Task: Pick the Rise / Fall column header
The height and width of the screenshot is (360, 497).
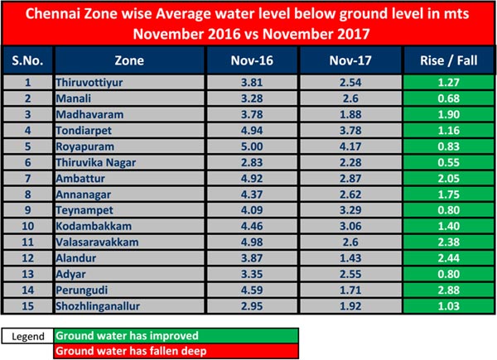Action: [445, 60]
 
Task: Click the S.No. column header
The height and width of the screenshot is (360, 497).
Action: [27, 60]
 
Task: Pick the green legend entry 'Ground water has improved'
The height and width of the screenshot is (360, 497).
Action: [119, 335]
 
